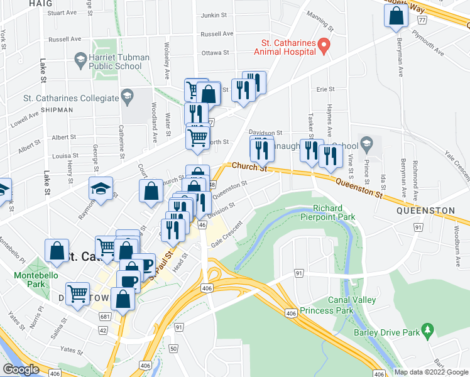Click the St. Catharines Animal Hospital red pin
324,45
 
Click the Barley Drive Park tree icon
428,329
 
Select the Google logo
21,369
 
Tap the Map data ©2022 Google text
430,372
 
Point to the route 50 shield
173,347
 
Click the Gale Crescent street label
227,235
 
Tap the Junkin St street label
212,16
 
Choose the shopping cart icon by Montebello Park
77,293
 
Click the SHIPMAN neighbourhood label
58,109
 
